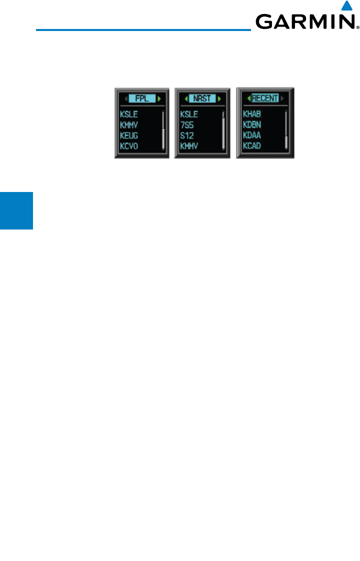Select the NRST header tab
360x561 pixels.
tap(202, 98)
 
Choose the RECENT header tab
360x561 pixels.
tap(265, 98)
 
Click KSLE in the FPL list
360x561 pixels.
tap(129, 114)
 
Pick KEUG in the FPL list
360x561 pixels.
tap(129, 134)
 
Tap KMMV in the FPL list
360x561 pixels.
tap(129, 124)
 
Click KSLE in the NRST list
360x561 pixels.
tap(189, 114)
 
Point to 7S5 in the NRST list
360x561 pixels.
tap(186, 124)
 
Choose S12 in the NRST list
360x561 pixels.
tap(186, 134)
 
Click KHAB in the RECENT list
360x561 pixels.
tap(252, 114)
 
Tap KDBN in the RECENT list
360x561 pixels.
tap(252, 124)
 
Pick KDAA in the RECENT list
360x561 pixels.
tap(252, 134)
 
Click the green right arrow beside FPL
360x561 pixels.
tap(159, 98)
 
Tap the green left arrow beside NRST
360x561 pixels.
tap(185, 98)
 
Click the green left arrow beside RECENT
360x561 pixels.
tap(248, 98)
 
